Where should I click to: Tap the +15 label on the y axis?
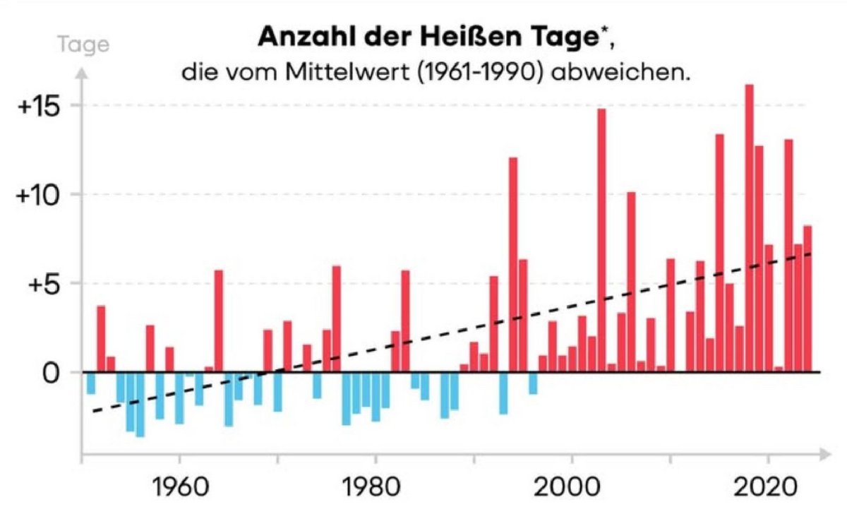point(42,105)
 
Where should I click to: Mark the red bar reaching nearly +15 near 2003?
point(601,240)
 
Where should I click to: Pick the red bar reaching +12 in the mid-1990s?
point(513,265)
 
